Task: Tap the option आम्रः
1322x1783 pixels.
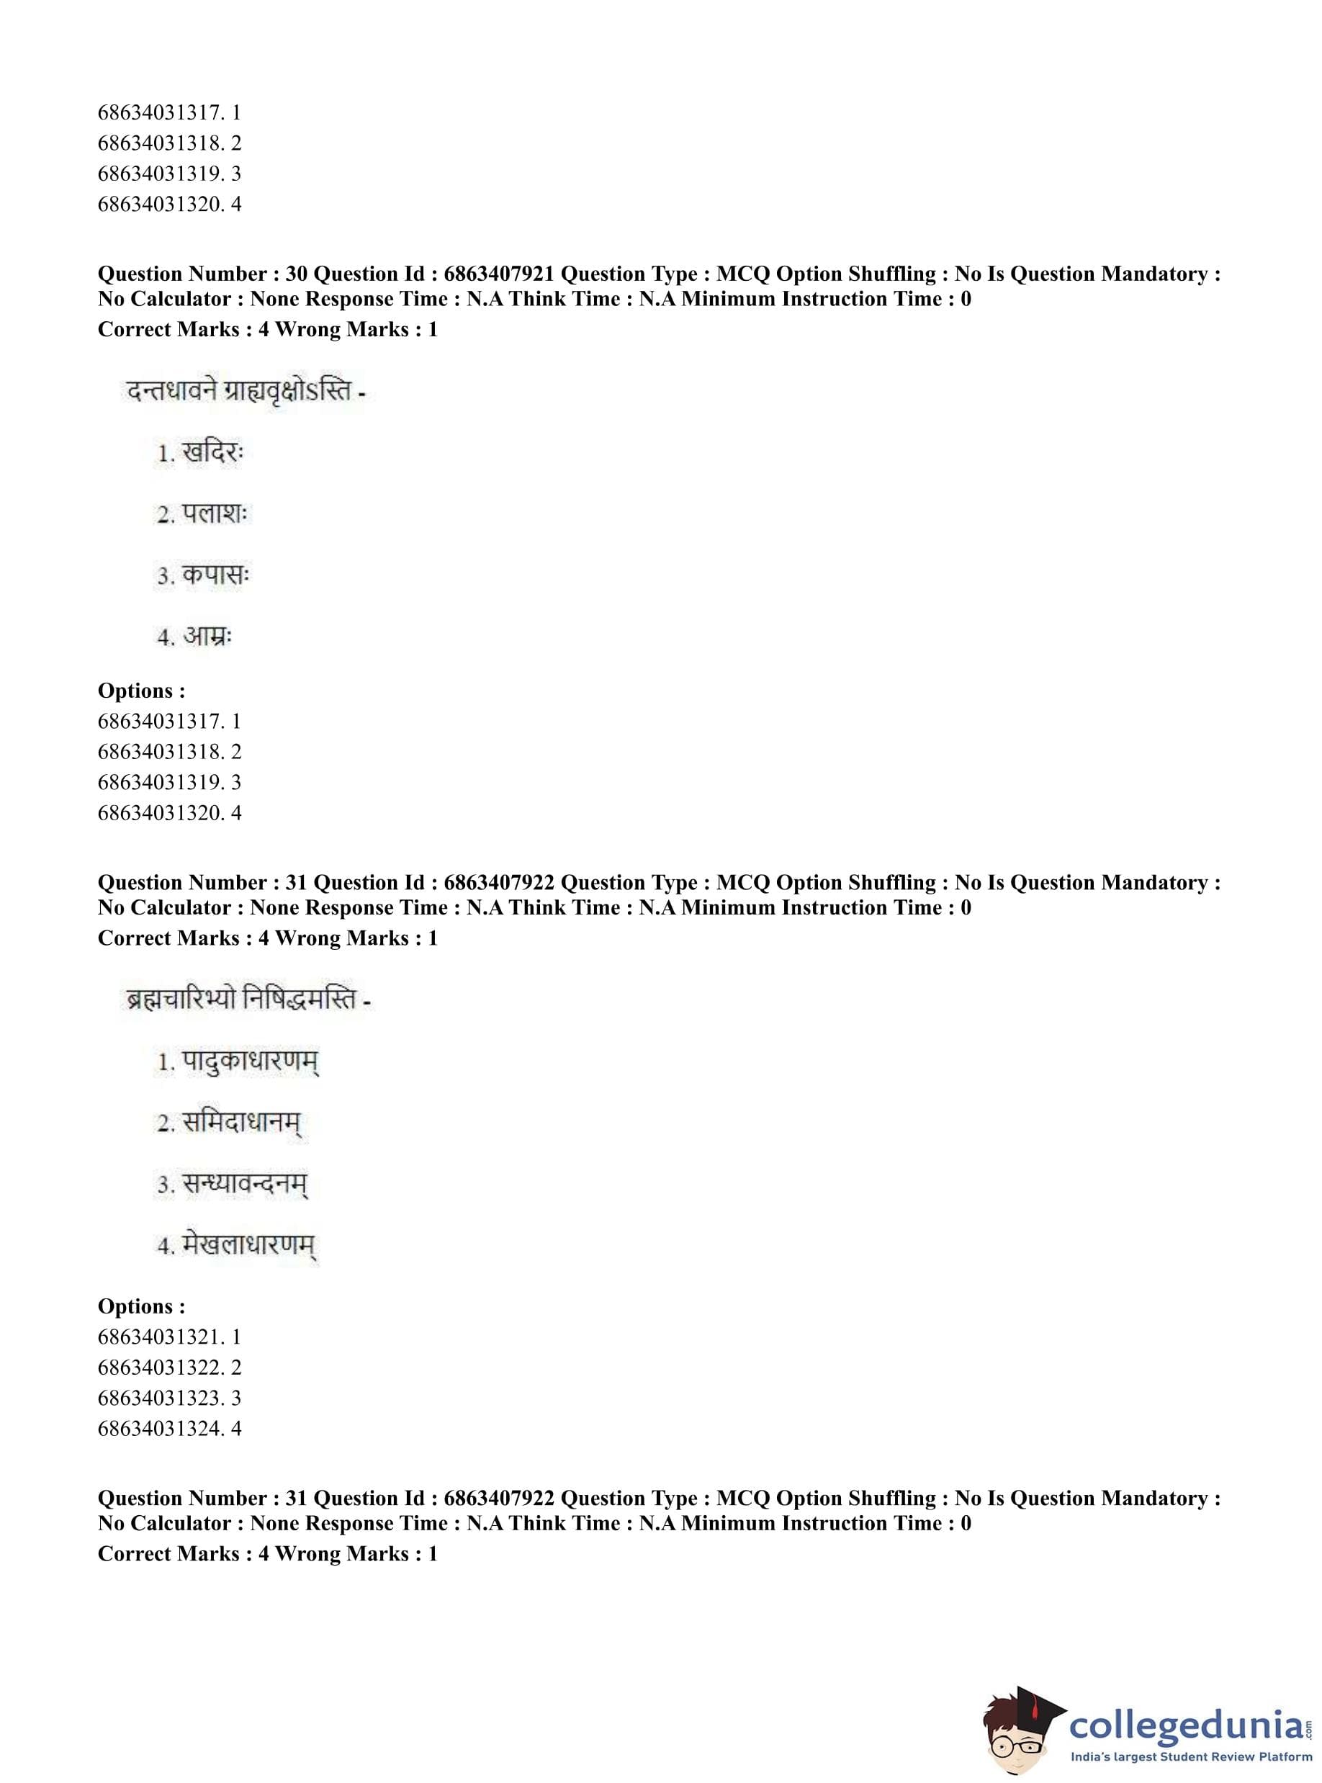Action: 207,637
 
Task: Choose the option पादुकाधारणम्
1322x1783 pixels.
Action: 251,1063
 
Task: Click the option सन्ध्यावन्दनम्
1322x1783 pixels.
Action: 245,1185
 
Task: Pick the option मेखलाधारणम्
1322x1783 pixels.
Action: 249,1246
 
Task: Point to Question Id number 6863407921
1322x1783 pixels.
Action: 498,274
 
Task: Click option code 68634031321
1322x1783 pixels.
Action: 158,1337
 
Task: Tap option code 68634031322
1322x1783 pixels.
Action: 158,1367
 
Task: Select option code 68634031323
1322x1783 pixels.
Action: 158,1398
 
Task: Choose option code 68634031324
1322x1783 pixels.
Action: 158,1429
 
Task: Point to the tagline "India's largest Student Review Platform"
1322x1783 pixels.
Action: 1191,1757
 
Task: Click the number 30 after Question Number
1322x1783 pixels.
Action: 296,274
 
